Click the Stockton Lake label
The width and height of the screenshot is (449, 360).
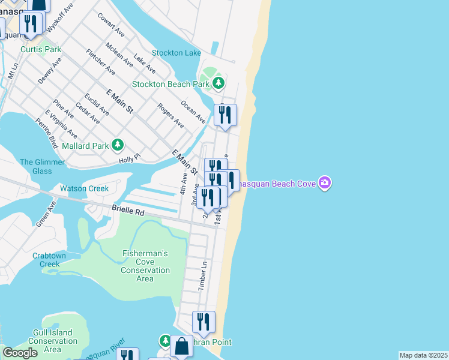tap(176, 53)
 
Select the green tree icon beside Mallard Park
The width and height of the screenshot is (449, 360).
tap(118, 145)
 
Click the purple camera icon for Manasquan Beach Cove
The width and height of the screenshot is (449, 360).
tap(324, 182)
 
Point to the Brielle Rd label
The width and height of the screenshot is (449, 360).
tap(128, 211)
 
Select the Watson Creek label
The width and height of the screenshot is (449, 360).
tap(84, 188)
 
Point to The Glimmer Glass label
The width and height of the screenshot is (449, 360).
tap(43, 166)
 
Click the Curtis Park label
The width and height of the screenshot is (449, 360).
tap(41, 49)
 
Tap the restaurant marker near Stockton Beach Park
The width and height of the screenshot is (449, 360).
tap(225, 115)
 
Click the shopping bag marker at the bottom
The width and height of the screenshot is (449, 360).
tap(181, 346)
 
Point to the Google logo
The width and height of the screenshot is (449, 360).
tap(20, 353)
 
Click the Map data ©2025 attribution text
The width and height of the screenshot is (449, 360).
tap(423, 355)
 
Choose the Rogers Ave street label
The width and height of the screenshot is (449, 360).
tap(171, 115)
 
